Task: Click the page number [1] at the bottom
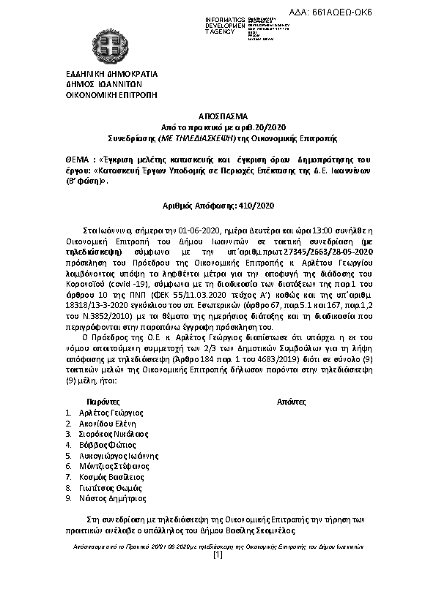point(217,555)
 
